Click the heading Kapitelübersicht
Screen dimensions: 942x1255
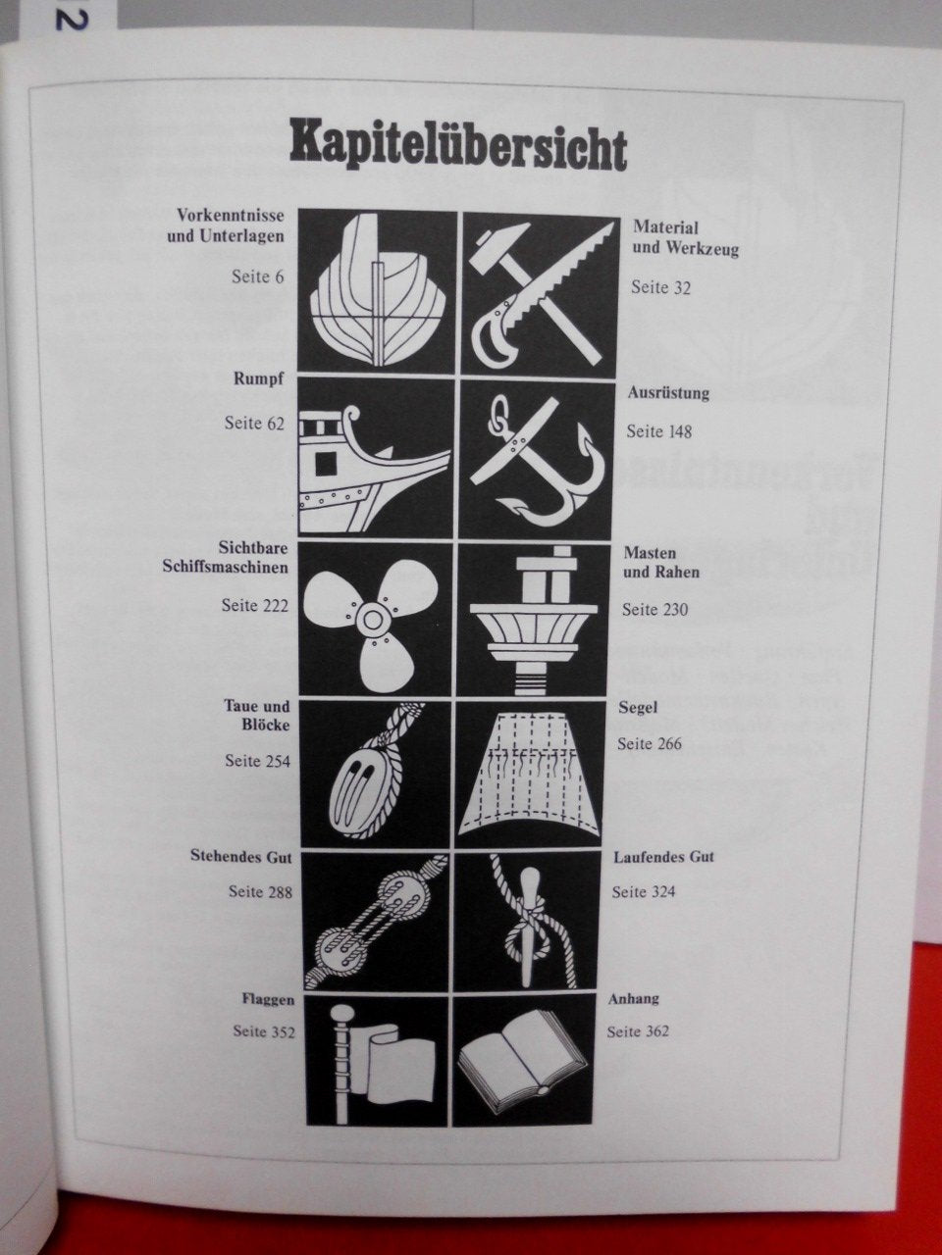click(x=458, y=149)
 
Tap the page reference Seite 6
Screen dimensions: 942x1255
click(x=257, y=276)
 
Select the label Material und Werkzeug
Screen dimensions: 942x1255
click(x=686, y=238)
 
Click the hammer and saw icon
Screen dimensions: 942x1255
click(x=539, y=293)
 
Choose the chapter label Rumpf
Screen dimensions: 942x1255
click(x=258, y=379)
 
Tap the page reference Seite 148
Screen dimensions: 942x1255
click(x=658, y=431)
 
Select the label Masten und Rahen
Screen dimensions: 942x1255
click(x=661, y=563)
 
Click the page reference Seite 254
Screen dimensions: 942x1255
click(x=257, y=761)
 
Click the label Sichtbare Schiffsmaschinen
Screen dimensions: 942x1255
click(x=226, y=558)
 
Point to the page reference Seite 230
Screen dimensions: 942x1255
click(x=654, y=610)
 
